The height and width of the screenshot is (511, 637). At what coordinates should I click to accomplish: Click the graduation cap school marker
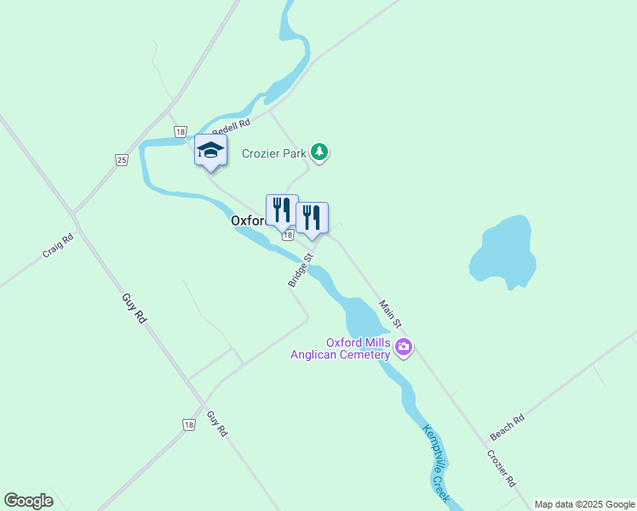210,152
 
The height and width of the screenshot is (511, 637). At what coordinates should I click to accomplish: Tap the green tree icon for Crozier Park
319,152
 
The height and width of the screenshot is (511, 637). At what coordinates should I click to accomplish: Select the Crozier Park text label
273,153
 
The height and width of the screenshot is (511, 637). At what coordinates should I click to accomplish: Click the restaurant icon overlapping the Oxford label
282,210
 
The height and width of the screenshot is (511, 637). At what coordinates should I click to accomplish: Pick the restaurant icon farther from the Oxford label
312,217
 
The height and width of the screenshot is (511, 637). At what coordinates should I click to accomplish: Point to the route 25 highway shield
122,159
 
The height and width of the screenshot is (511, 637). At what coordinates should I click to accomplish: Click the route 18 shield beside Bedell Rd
180,132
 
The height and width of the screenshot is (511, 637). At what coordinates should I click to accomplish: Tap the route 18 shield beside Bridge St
288,234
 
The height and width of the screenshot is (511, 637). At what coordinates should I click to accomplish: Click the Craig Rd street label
58,246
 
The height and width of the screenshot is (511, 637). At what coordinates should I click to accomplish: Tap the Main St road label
390,314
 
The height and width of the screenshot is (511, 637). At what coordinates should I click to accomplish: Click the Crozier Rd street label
502,468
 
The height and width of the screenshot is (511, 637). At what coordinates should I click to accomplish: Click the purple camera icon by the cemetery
404,347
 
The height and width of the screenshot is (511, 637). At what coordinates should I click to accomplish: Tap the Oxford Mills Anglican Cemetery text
341,348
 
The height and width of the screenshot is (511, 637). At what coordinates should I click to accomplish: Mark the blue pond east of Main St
504,252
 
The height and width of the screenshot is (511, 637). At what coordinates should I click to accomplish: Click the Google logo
28,501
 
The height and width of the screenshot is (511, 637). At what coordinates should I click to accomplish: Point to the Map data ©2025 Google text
585,504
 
